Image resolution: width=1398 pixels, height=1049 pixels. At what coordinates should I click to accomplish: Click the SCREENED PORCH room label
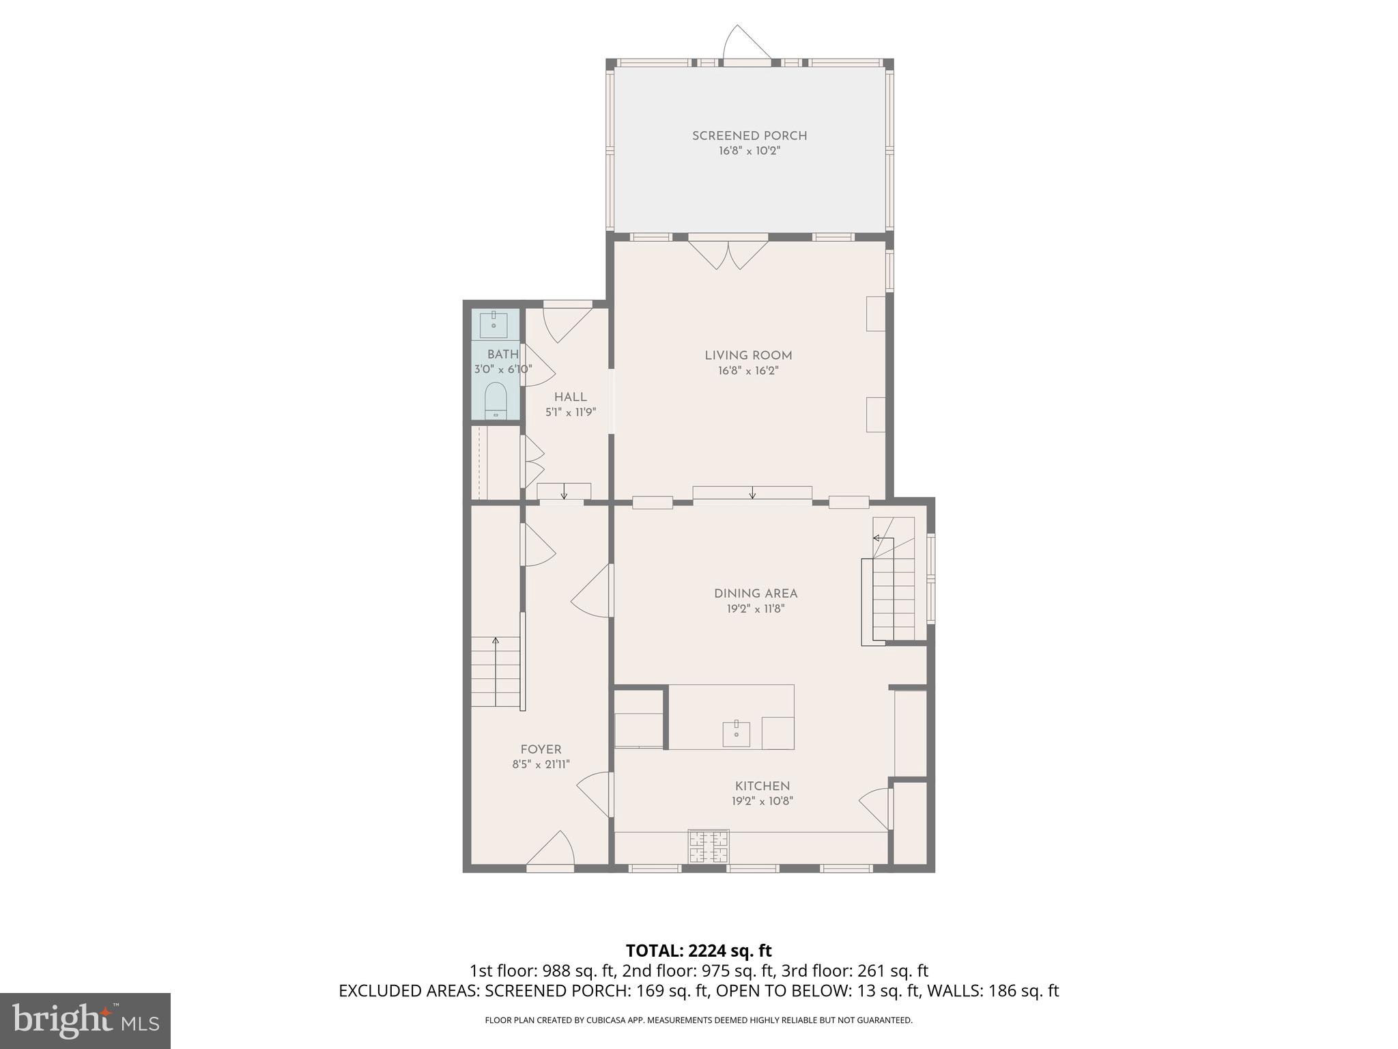pos(749,136)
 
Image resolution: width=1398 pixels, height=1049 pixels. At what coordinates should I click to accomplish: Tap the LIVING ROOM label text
pos(748,355)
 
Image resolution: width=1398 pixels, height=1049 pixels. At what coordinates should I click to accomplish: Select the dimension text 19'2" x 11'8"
pos(756,609)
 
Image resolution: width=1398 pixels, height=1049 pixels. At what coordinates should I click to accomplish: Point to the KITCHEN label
pos(762,786)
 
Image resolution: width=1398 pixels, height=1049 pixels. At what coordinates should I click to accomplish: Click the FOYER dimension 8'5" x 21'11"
pos(541,765)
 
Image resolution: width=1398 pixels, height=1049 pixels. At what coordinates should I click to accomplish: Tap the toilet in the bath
pos(495,400)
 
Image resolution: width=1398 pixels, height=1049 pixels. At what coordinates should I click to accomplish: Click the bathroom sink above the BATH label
pos(493,324)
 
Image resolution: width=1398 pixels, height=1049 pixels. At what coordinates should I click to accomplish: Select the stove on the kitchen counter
pos(709,847)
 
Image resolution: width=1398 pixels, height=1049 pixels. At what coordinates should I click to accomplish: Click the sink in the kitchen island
pos(737,734)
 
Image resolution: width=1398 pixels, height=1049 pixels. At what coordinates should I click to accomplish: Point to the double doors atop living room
pos(728,253)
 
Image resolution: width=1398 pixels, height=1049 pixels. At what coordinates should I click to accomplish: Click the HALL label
pos(570,397)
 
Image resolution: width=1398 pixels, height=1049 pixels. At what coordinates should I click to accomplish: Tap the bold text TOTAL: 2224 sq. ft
pos(698,951)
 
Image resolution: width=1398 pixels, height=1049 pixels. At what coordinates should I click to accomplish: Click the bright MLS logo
pos(85,1020)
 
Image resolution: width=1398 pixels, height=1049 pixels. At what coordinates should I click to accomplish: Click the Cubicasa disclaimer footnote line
pos(698,1020)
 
